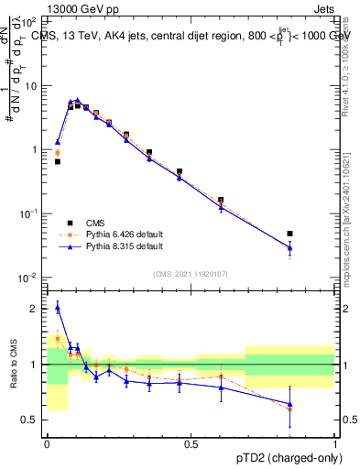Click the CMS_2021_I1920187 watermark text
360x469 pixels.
(191, 273)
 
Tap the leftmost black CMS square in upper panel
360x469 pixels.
(58, 161)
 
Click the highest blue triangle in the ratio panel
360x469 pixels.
(58, 309)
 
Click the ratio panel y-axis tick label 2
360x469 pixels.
(38, 309)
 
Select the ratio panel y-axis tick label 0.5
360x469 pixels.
(34, 420)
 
